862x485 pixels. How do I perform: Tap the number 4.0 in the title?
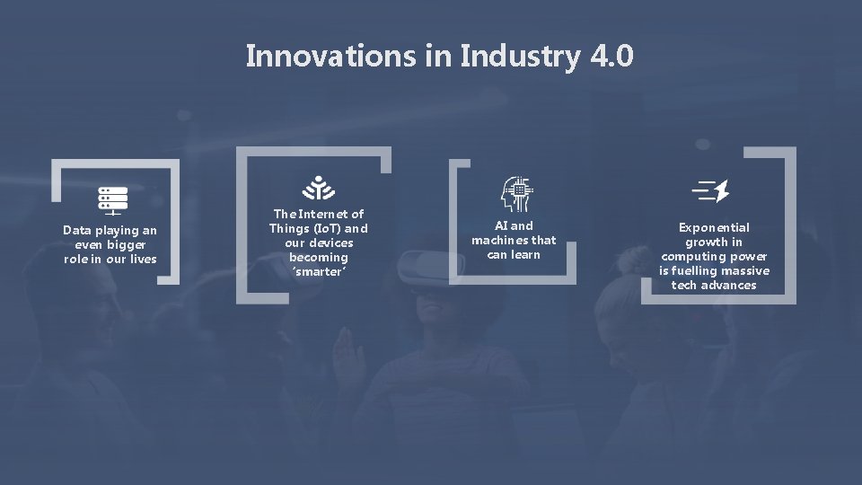(612, 56)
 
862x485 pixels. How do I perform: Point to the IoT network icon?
(318, 189)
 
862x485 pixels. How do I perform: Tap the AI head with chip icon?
(517, 192)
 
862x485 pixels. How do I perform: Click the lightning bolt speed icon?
(712, 190)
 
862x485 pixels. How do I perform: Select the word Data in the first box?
(78, 231)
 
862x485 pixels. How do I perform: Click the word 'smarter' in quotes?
(318, 271)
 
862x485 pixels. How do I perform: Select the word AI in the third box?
(503, 226)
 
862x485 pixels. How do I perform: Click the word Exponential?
(714, 228)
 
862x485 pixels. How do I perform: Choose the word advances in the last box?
(728, 285)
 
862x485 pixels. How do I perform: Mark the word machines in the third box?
(499, 240)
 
